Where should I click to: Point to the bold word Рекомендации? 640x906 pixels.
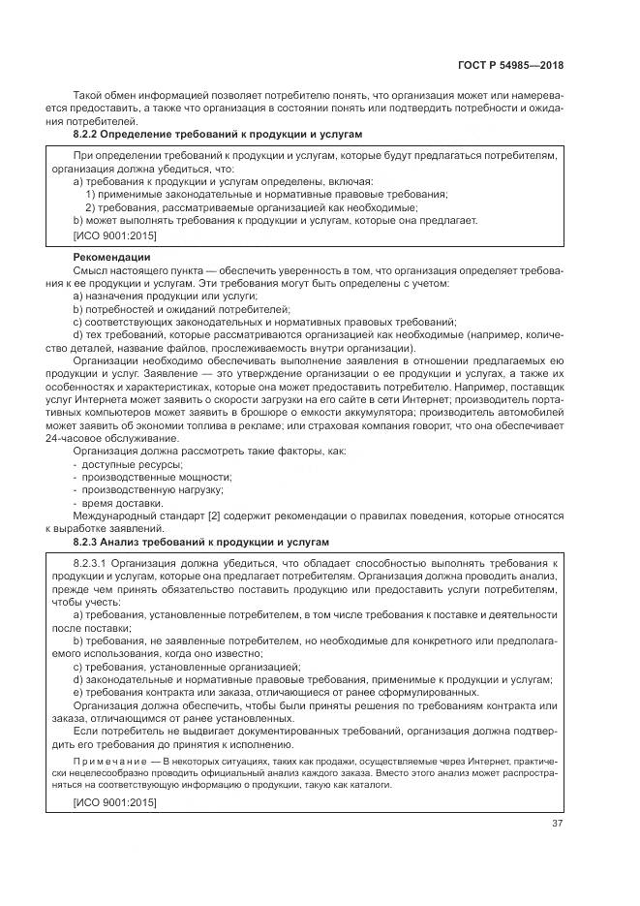point(110,258)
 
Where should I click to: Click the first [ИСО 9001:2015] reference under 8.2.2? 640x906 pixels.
point(114,234)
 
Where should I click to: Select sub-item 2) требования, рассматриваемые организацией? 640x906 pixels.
point(252,206)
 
